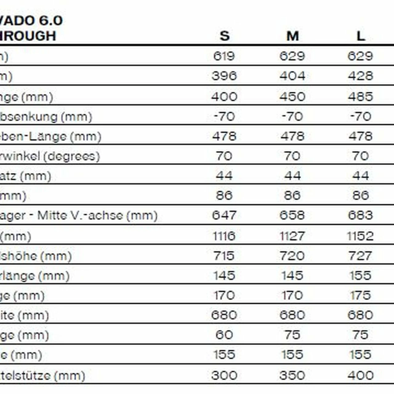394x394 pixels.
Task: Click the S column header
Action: click(x=224, y=36)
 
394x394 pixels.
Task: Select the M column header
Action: click(x=292, y=36)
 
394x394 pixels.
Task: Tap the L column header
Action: click(x=360, y=36)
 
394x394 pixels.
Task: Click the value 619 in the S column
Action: click(x=224, y=56)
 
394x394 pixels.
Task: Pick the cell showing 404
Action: click(x=292, y=76)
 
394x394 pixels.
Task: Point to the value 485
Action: click(x=360, y=97)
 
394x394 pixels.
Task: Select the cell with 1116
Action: click(x=224, y=236)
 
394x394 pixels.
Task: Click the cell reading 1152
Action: click(x=360, y=236)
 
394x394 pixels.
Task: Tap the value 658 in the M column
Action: click(x=292, y=215)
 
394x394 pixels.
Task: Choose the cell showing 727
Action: click(x=360, y=256)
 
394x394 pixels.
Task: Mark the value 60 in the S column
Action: click(x=224, y=335)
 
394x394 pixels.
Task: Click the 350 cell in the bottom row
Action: click(x=292, y=375)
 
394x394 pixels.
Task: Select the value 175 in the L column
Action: click(x=360, y=295)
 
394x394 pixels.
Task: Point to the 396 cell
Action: click(x=224, y=76)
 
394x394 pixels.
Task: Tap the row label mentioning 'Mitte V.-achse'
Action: click(x=78, y=215)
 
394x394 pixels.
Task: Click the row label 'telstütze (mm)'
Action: click(x=42, y=376)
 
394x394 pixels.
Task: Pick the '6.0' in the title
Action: click(x=50, y=21)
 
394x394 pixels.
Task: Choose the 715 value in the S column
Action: click(x=224, y=256)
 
